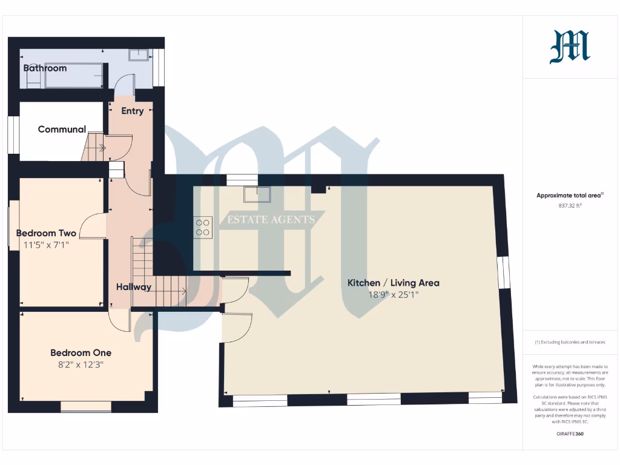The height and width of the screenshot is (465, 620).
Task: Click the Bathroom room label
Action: [x=45, y=68]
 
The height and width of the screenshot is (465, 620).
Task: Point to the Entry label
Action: [x=133, y=111]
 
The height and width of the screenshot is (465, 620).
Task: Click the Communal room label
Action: [x=62, y=129]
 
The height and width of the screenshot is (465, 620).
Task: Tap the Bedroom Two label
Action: [x=46, y=233]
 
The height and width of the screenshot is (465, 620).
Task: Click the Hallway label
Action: [x=134, y=287]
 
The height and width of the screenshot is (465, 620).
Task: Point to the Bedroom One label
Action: [x=81, y=352]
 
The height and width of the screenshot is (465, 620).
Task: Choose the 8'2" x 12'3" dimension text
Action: [x=81, y=364]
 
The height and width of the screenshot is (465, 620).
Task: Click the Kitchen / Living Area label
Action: [x=393, y=283]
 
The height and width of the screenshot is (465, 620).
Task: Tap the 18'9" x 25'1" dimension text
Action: [x=393, y=295]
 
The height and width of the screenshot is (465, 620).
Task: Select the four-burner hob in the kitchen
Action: [x=202, y=226]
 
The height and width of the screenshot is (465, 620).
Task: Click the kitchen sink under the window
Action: [x=257, y=194]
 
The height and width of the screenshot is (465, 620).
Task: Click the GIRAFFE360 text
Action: [x=570, y=434]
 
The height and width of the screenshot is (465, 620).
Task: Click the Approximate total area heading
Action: [x=569, y=196]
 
